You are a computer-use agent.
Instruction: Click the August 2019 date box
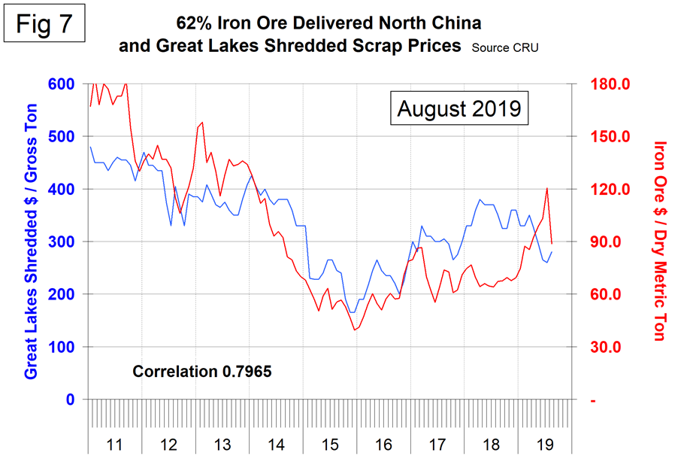click(459, 108)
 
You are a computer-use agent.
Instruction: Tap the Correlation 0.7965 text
click(202, 371)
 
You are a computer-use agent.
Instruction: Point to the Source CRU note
click(505, 47)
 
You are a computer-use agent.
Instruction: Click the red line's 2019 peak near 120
click(547, 188)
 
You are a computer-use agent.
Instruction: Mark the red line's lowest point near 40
click(355, 330)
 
